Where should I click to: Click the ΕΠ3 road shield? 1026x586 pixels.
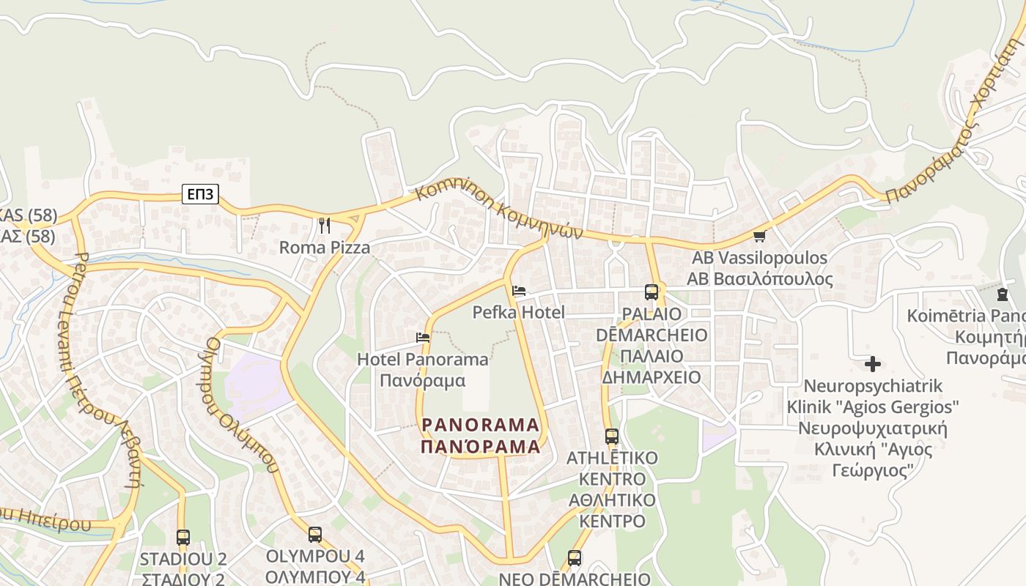pos(201,194)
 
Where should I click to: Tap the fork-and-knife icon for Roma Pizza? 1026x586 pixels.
pos(325,225)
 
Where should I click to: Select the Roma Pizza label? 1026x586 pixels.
pos(325,248)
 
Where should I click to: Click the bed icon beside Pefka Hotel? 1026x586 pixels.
pos(519,291)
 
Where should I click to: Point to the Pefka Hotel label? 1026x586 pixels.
pos(519,313)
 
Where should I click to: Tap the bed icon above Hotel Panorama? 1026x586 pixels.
pos(423,338)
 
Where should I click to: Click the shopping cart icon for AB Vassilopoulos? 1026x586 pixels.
pos(759,236)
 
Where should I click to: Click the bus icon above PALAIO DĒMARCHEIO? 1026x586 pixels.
pos(651,292)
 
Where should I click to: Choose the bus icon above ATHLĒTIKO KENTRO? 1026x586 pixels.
pos(612,437)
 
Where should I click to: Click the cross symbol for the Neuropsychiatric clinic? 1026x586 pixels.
pos(872,363)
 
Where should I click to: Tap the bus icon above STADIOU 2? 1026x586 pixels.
pos(183,538)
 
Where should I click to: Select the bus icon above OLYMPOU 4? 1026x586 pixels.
pos(315,535)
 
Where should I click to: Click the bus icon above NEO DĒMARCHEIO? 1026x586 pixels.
pos(575,558)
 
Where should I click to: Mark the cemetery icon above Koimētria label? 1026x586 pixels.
pos(1002,294)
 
